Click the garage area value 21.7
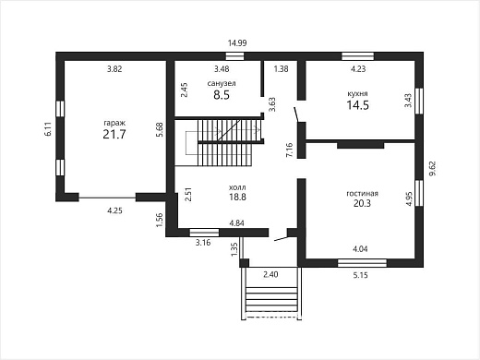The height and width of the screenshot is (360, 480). (114, 135)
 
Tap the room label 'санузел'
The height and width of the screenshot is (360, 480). (222, 83)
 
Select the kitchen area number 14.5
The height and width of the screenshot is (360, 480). (358, 105)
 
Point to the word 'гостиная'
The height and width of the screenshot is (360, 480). (362, 194)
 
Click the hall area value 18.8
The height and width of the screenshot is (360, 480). (237, 197)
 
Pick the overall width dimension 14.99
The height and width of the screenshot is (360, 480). (237, 43)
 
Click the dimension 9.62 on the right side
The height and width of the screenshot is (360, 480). (433, 168)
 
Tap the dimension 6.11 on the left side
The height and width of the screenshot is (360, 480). (48, 129)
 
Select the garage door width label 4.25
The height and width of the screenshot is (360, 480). (114, 210)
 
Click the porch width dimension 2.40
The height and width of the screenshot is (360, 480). (270, 274)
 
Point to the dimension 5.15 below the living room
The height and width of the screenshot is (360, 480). (360, 275)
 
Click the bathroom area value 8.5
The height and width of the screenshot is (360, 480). (222, 95)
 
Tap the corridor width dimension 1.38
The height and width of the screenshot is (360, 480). (282, 69)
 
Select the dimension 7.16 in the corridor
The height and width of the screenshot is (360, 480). (290, 150)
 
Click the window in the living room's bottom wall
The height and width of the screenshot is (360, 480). (362, 263)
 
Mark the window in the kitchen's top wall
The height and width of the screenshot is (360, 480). (358, 56)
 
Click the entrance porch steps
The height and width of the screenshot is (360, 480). (271, 299)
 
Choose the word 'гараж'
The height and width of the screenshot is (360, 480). (114, 124)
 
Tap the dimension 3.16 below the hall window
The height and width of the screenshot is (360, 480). (203, 243)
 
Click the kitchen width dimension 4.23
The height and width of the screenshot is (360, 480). (358, 69)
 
